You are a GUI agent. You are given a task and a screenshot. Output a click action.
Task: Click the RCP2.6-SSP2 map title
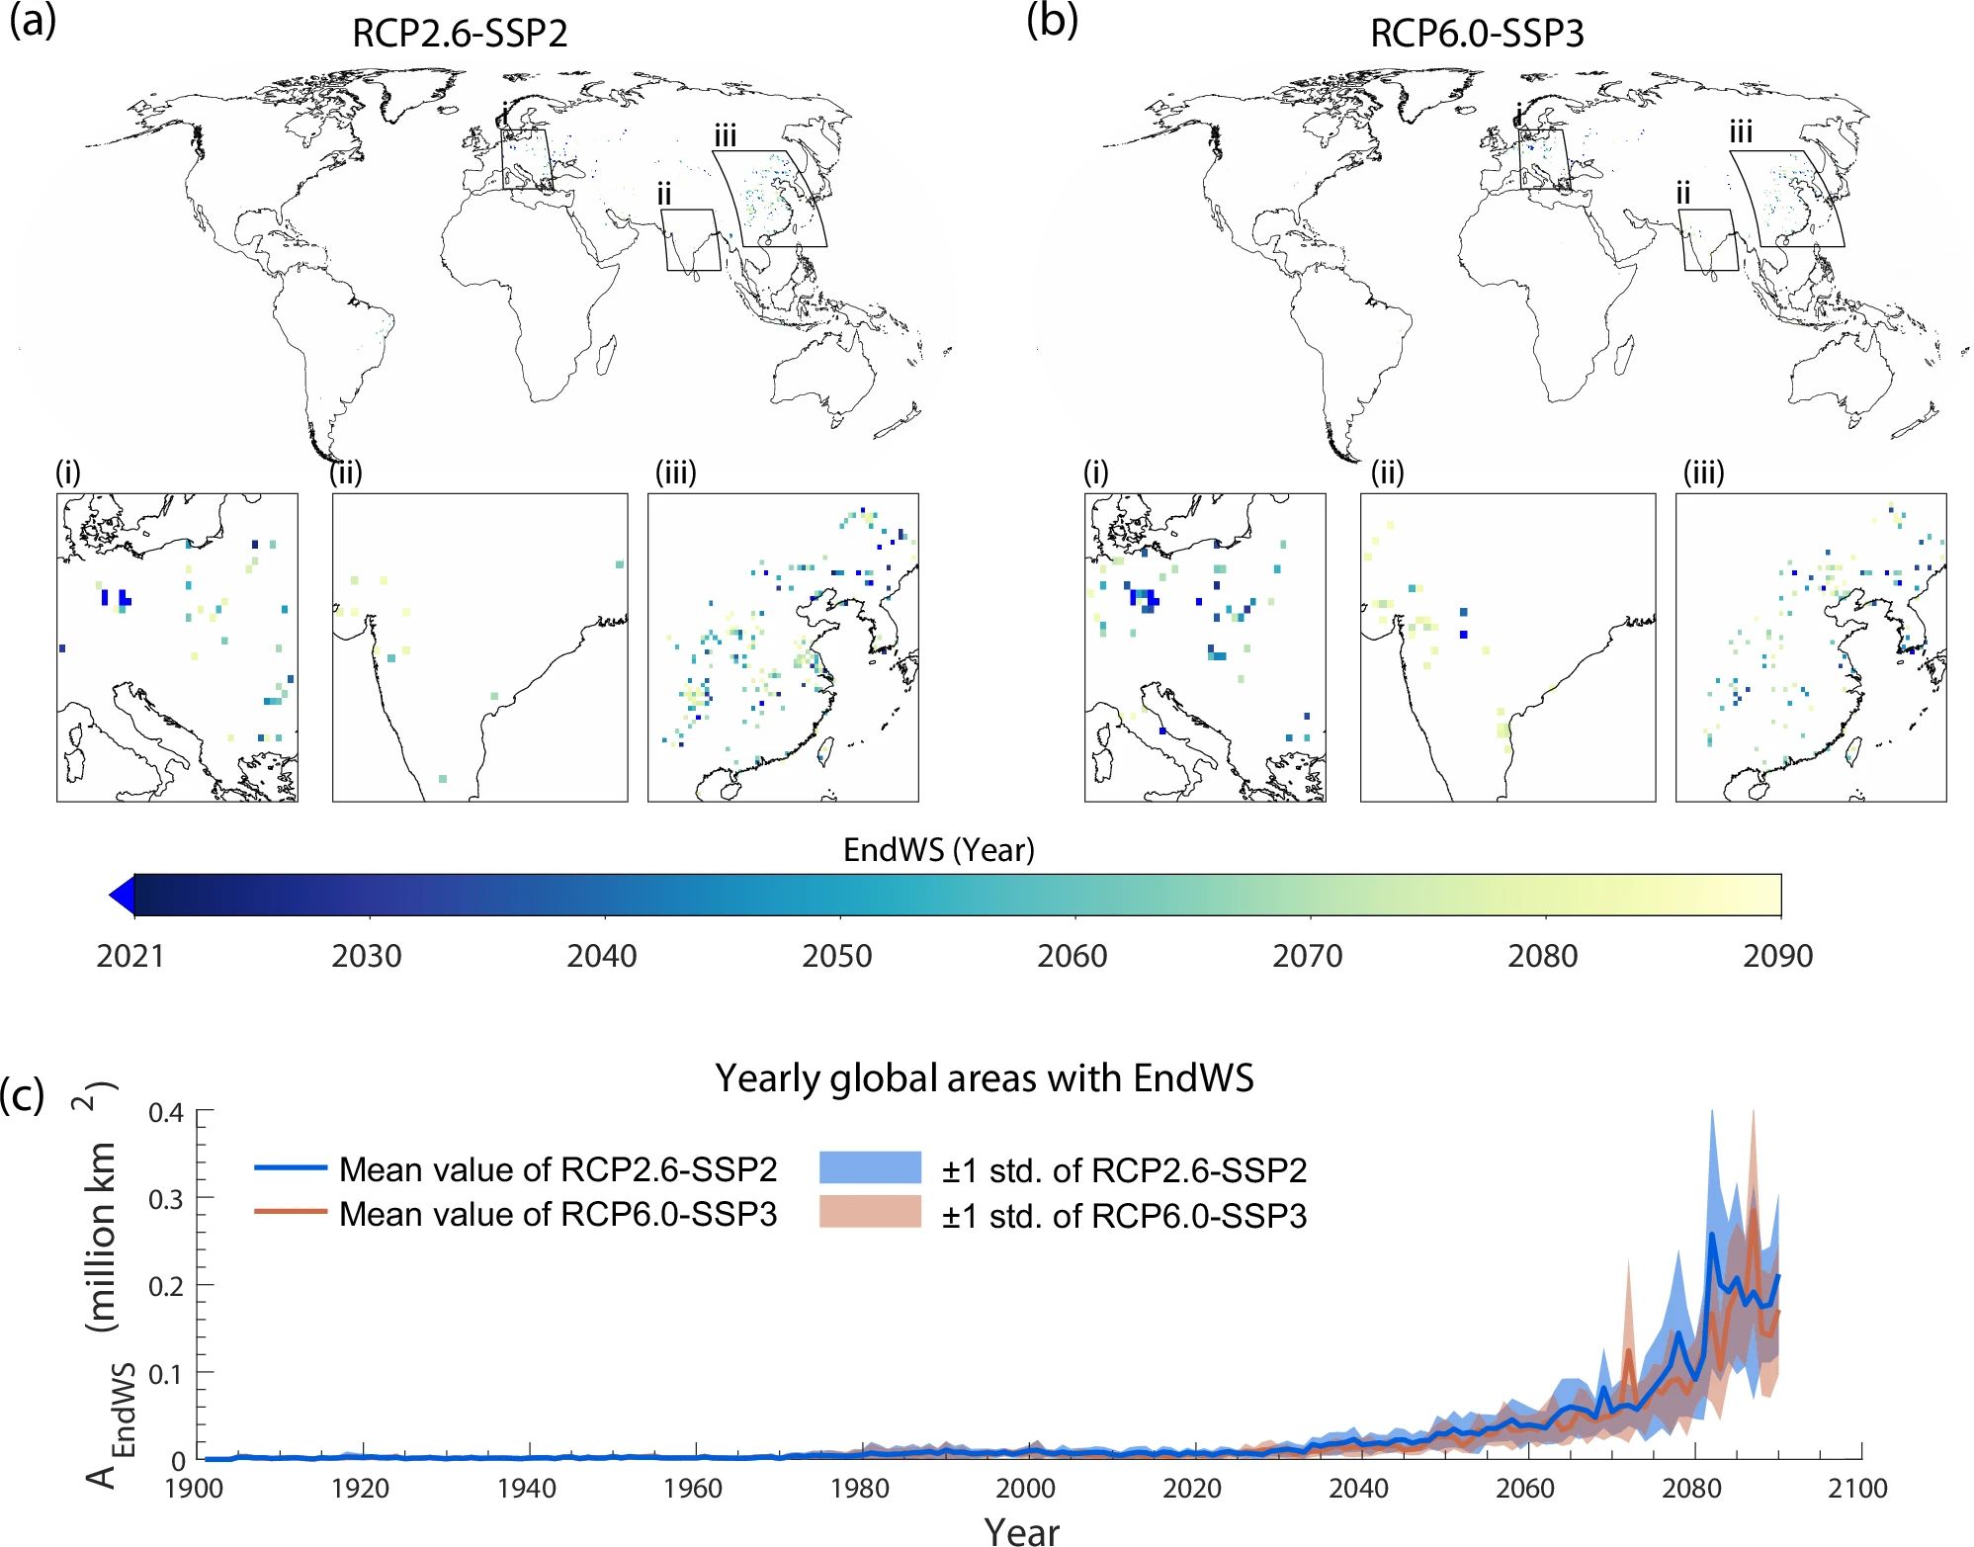(460, 34)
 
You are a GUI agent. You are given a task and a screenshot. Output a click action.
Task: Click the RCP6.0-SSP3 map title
(1477, 34)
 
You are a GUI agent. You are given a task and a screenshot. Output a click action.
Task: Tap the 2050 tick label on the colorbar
(837, 956)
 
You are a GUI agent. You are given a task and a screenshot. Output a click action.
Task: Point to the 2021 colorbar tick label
(130, 956)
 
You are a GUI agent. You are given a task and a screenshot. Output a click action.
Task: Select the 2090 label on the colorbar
(1777, 956)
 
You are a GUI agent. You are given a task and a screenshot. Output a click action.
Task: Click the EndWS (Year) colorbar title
(938, 849)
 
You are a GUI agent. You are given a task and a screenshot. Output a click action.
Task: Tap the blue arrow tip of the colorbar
(120, 896)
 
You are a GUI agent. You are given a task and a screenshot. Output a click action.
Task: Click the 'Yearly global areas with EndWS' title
(985, 1077)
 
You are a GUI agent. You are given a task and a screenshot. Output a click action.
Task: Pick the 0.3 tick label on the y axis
(166, 1199)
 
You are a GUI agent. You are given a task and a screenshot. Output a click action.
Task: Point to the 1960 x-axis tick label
(693, 1488)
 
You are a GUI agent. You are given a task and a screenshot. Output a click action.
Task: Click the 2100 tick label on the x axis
(1857, 1488)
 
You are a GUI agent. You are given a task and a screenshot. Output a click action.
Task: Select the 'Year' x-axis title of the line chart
(1022, 1530)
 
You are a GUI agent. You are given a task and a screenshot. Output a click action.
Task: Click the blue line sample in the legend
(291, 1167)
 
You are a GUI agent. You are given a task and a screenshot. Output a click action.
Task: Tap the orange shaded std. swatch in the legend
(870, 1212)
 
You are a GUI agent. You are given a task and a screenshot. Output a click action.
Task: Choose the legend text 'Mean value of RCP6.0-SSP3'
(558, 1214)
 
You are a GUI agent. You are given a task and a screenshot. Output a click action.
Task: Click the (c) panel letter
(22, 1095)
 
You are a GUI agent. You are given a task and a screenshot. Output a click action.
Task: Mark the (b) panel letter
(1052, 20)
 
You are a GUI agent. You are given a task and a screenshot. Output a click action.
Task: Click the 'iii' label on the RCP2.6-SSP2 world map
(726, 135)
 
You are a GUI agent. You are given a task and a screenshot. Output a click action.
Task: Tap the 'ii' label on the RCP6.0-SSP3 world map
(1683, 194)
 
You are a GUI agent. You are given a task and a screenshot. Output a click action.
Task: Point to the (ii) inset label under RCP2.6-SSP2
(346, 473)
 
